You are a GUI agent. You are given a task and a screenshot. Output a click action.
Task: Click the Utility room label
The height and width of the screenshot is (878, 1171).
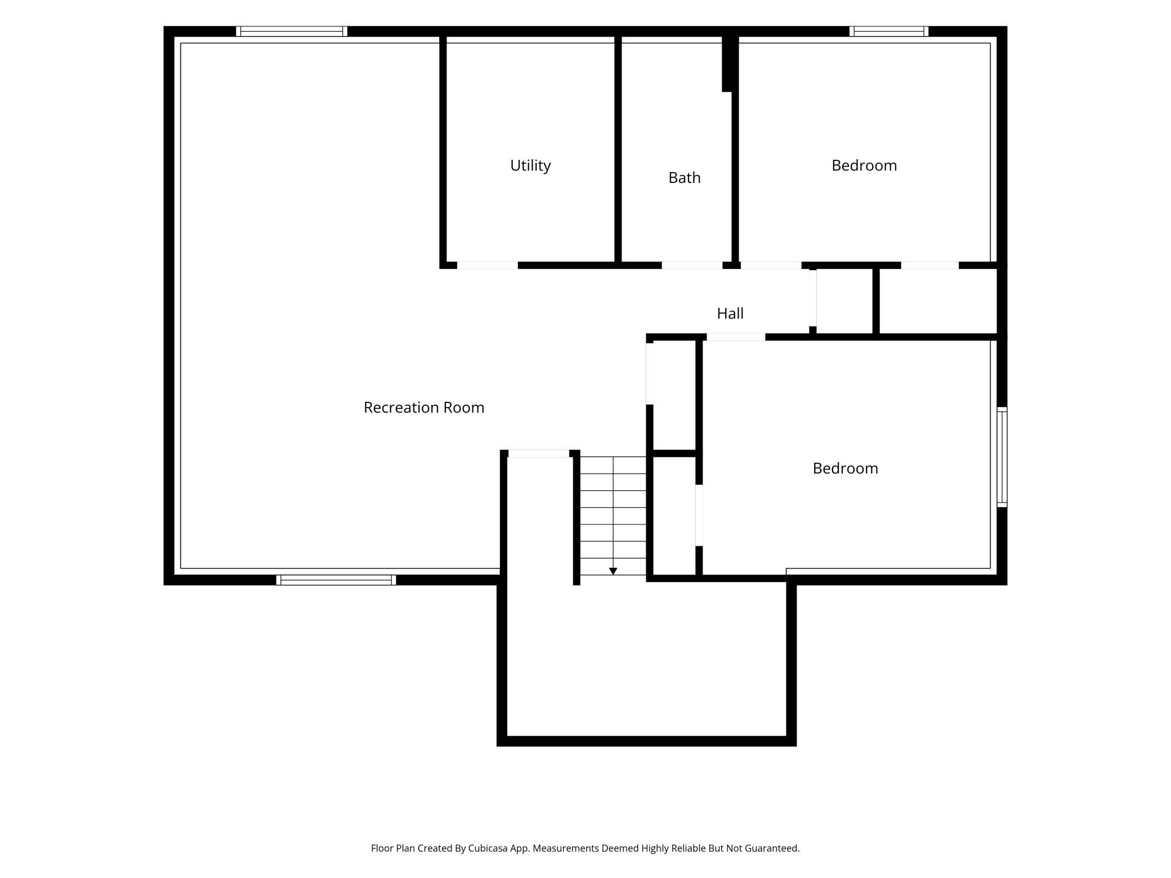[x=530, y=165]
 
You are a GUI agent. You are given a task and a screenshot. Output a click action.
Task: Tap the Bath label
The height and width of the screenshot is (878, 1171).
[x=685, y=178]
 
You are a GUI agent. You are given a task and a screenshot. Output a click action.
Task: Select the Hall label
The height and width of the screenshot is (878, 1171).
[x=730, y=313]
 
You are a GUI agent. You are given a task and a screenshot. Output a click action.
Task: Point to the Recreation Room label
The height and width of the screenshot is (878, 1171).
[x=424, y=407]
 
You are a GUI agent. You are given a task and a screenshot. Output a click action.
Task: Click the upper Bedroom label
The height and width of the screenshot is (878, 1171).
[x=864, y=165]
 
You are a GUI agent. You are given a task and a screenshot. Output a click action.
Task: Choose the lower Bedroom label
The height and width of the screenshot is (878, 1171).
[x=846, y=468]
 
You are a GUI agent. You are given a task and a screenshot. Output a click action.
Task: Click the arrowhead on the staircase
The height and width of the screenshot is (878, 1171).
[x=613, y=571]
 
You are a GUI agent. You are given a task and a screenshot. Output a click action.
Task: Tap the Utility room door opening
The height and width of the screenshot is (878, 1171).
[x=488, y=265]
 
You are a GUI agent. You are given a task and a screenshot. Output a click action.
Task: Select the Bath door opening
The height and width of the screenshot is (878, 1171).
[x=692, y=265]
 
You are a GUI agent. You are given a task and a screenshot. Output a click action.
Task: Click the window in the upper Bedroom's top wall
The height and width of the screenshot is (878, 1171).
[x=889, y=32]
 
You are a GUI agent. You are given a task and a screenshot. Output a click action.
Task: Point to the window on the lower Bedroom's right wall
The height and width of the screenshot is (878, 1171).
[x=1002, y=457]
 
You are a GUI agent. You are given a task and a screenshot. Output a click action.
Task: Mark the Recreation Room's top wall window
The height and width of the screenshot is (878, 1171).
[x=292, y=32]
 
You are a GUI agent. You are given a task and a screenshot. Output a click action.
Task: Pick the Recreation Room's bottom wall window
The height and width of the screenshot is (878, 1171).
[x=336, y=580]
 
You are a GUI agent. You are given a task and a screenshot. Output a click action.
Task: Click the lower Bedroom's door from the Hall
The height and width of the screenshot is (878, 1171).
[x=736, y=337]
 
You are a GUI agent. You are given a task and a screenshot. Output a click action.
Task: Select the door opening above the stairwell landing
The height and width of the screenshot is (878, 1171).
[x=539, y=454]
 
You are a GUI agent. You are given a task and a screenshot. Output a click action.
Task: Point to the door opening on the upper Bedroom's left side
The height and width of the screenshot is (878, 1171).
[x=771, y=265]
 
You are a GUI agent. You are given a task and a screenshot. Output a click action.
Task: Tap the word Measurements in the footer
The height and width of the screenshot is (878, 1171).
[x=566, y=848]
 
